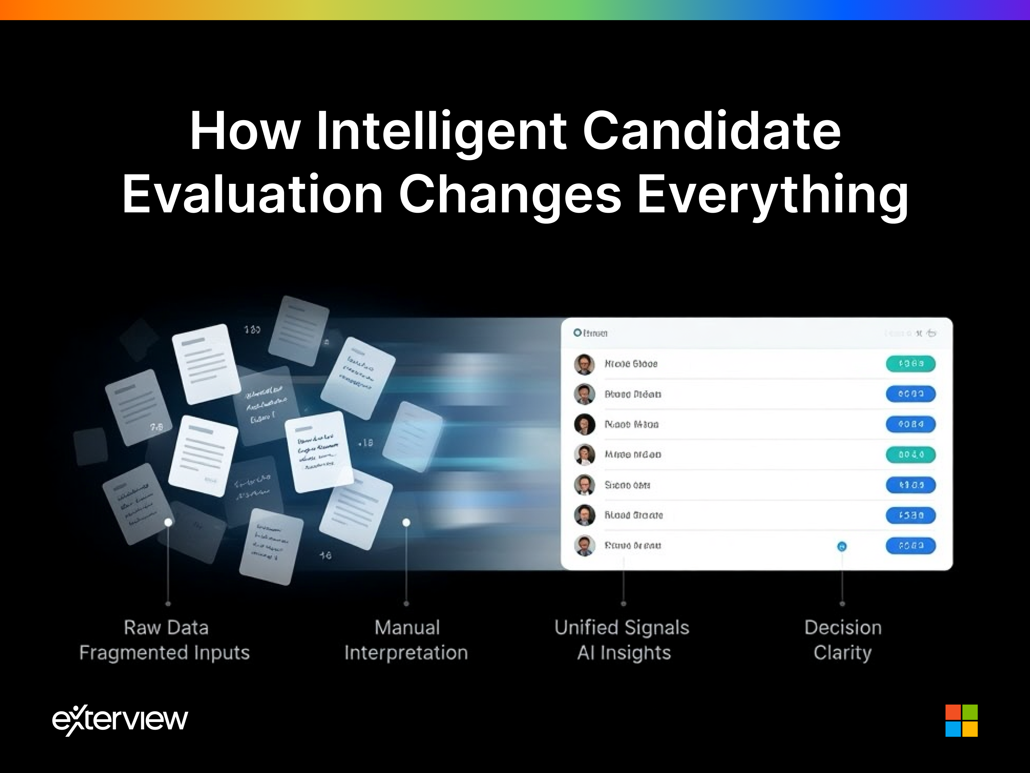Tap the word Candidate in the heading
tap(711, 132)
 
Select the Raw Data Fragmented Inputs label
tap(165, 640)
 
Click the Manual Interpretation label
tap(406, 640)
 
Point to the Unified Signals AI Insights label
tap(622, 640)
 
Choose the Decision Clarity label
tap(843, 640)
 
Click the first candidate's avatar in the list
tap(584, 364)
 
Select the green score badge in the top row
tap(910, 363)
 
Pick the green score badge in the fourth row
tap(910, 454)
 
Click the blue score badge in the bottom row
tap(910, 545)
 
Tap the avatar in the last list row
tap(584, 546)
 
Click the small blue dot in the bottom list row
tap(842, 546)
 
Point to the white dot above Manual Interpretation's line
tap(406, 522)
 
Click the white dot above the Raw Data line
tap(168, 522)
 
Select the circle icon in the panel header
tap(577, 333)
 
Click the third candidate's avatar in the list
tap(584, 424)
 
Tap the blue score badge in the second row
tap(910, 394)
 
